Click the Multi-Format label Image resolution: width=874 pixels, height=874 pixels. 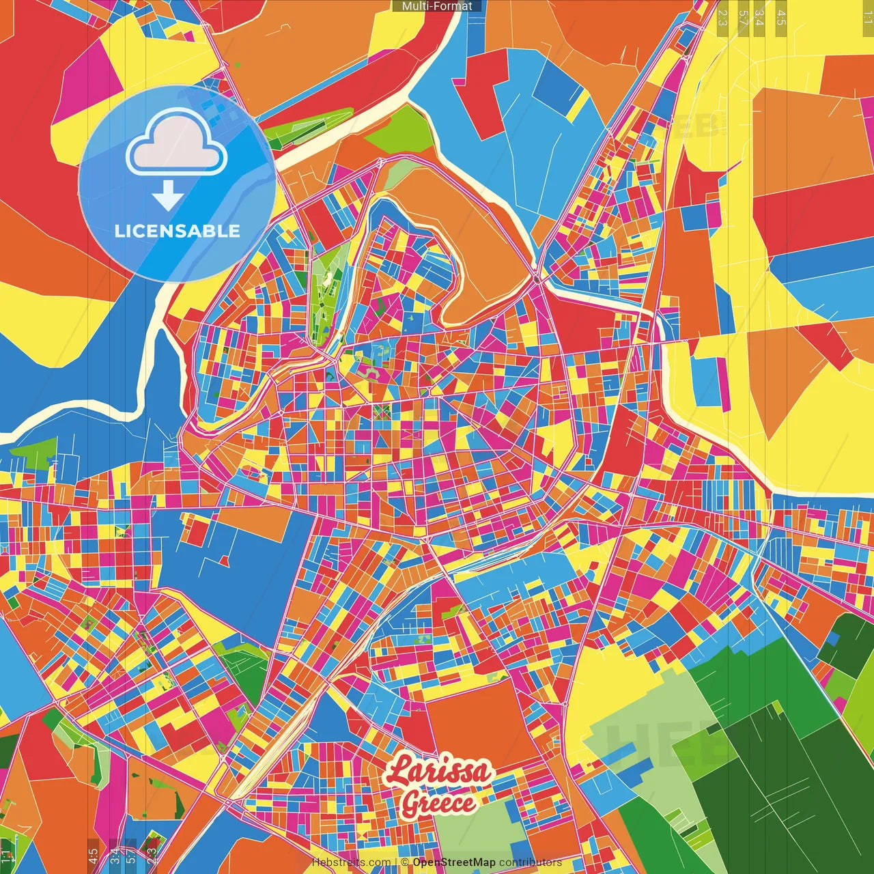click(437, 6)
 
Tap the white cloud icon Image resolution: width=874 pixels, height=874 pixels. click(177, 143)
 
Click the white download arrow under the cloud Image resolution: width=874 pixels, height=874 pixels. click(167, 197)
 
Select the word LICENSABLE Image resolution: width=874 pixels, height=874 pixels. click(178, 231)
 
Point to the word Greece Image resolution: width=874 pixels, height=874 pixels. click(438, 803)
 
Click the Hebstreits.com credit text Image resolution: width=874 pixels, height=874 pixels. click(351, 862)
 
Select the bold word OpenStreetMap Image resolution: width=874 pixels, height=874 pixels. click(454, 862)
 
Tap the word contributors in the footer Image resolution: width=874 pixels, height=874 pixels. click(531, 862)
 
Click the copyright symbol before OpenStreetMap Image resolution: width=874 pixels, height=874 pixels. click(404, 862)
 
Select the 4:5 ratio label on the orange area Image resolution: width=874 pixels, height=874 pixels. click(93, 855)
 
